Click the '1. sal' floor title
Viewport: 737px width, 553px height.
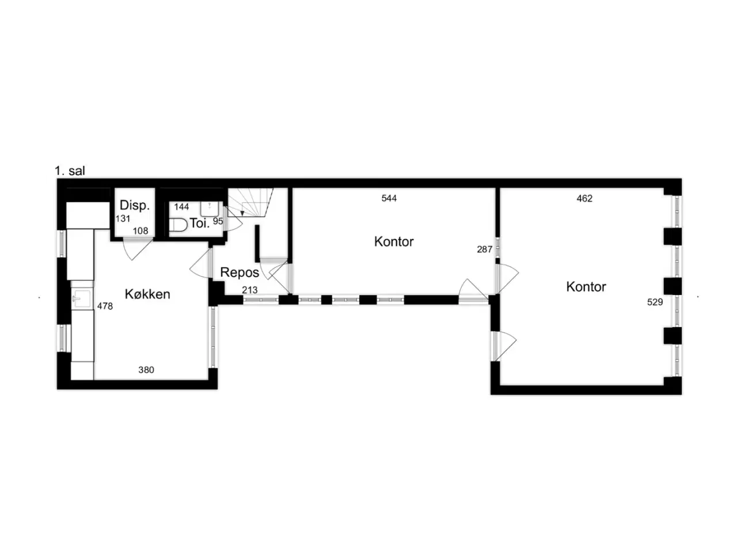pyautogui.click(x=70, y=171)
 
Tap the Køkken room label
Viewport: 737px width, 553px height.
pyautogui.click(x=147, y=294)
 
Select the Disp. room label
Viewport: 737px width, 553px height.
pyautogui.click(x=135, y=205)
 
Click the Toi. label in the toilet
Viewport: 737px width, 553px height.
pyautogui.click(x=200, y=224)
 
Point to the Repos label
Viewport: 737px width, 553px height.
pyautogui.click(x=240, y=272)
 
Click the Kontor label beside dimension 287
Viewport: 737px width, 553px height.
pyautogui.click(x=394, y=242)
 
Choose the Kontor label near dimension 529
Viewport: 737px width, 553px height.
pyautogui.click(x=586, y=287)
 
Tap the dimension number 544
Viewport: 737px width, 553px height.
pyautogui.click(x=389, y=198)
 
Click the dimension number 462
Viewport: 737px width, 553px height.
pyautogui.click(x=584, y=199)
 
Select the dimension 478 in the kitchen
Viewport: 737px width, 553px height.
pyautogui.click(x=105, y=306)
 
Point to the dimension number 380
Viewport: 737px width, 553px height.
pyautogui.click(x=146, y=370)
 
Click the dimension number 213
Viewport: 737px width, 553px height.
pyautogui.click(x=250, y=290)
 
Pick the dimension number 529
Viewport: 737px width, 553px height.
pyautogui.click(x=655, y=302)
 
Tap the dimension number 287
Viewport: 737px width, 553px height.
pyautogui.click(x=484, y=249)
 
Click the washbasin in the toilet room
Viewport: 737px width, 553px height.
pyautogui.click(x=210, y=209)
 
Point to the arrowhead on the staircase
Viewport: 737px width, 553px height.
pyautogui.click(x=242, y=213)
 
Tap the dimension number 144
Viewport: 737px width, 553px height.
pyautogui.click(x=181, y=207)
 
